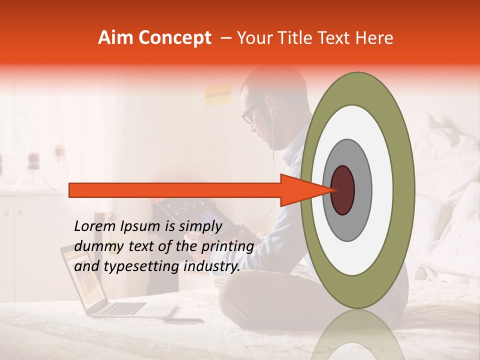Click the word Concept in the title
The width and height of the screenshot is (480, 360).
coord(174,38)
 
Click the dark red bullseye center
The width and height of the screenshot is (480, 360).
coord(342,190)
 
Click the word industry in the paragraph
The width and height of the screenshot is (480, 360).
coord(211,267)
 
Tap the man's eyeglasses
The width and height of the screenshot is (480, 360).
coord(248,114)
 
